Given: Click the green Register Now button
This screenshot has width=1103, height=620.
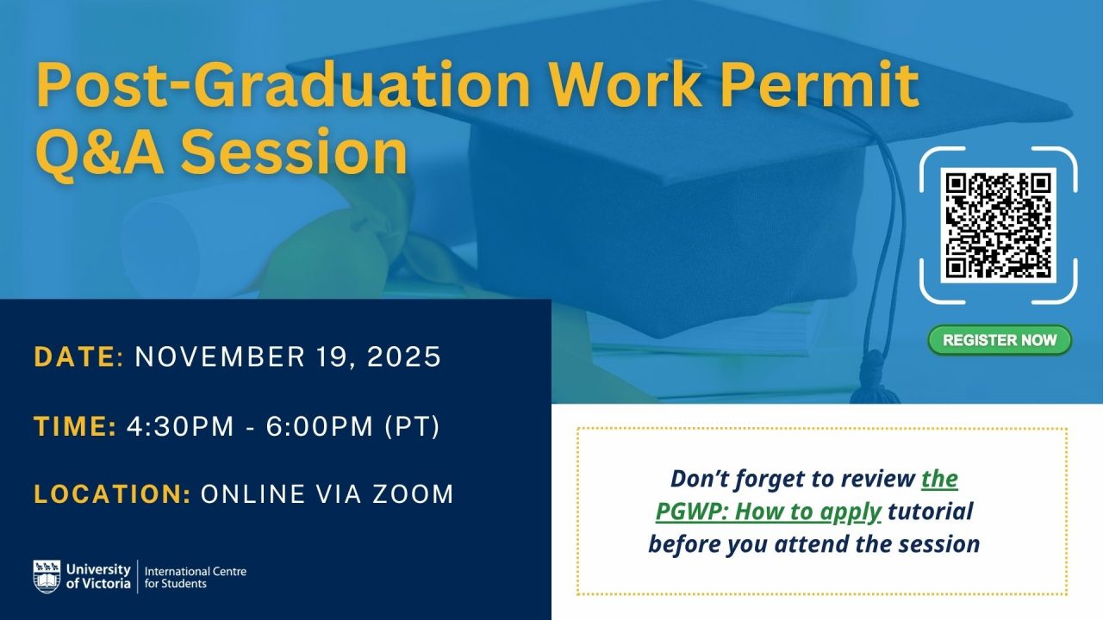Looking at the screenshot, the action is point(1000,340).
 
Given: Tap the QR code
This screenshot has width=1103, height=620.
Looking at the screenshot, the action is point(998,226).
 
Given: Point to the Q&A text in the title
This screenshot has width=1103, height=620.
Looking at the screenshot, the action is point(100,152).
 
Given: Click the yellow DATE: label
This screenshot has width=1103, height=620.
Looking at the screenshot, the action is point(78,356).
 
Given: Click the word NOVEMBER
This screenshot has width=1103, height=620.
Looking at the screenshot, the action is point(220,356).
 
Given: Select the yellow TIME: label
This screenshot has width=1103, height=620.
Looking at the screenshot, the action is point(75,425).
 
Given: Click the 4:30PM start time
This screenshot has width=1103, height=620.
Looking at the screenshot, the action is point(180,425).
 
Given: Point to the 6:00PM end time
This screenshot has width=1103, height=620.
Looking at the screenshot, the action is point(320,425).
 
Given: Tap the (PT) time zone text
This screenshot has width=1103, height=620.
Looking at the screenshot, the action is point(412,426).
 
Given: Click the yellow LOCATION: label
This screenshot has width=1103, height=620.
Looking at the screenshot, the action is point(112,494).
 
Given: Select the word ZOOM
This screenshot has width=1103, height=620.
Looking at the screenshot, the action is point(413,494).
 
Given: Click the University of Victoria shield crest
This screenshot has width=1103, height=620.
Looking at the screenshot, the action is point(47,576).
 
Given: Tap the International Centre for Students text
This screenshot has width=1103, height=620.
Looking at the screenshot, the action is point(196,578).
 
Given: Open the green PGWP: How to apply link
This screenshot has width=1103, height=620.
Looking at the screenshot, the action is point(807,495).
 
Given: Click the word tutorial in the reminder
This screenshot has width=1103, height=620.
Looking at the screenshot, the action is point(931,512).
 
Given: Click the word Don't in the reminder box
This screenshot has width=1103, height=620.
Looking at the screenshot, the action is point(699,478).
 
